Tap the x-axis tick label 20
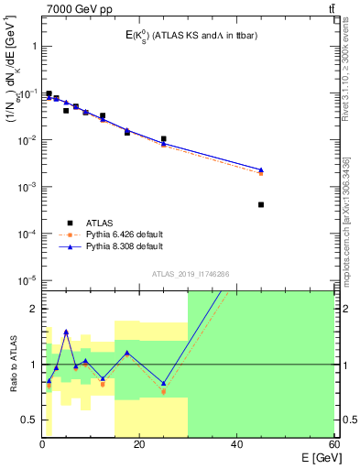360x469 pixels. pos(139,443)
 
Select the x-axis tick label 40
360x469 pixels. pos(236,443)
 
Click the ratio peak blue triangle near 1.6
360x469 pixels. pos(66,332)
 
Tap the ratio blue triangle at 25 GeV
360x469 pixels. pos(164,383)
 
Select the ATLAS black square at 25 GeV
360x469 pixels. pos(164,139)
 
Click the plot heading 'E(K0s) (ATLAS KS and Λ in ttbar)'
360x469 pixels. pos(186,36)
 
